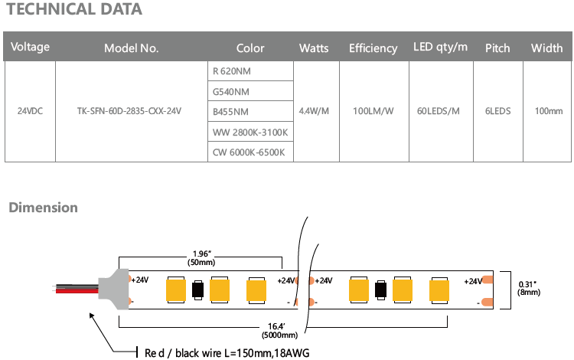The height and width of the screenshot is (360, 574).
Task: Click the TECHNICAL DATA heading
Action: click(x=73, y=10)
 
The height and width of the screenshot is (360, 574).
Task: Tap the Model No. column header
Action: click(x=132, y=48)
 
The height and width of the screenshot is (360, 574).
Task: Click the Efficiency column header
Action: click(x=373, y=48)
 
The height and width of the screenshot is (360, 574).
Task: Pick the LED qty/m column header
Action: click(x=440, y=47)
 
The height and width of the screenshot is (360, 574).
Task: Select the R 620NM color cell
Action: click(x=231, y=71)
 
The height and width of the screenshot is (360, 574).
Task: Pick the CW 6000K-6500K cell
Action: click(x=249, y=152)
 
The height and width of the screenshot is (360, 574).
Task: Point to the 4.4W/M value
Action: click(x=314, y=111)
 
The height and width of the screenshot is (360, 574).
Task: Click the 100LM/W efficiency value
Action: click(x=373, y=111)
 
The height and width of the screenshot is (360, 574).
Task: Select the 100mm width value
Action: click(x=548, y=111)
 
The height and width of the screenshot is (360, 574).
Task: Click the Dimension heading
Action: click(x=43, y=208)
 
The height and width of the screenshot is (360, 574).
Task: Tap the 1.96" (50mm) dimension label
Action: click(x=200, y=258)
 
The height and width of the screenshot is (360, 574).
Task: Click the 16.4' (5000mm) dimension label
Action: click(x=277, y=330)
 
